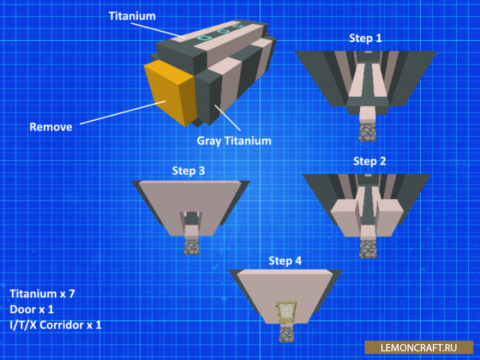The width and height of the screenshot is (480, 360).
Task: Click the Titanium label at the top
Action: click(132, 15)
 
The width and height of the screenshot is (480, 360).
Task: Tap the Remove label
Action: click(51, 127)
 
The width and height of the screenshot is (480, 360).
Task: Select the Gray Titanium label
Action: click(234, 141)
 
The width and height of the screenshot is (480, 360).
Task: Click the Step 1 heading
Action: click(365, 38)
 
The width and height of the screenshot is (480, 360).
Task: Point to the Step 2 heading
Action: click(369, 161)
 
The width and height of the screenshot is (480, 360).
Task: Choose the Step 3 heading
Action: click(189, 171)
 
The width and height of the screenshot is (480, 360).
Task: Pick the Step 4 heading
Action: click(285, 261)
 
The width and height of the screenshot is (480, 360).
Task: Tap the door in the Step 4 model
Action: click(285, 311)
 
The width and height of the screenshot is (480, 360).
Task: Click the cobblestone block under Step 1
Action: click(366, 131)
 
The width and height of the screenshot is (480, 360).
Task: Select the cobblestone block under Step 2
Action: click(367, 248)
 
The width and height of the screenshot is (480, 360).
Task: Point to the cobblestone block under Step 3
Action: click(192, 247)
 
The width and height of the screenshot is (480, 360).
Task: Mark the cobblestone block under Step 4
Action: click(285, 333)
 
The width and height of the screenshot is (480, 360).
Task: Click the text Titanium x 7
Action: click(42, 293)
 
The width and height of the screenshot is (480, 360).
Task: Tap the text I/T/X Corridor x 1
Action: click(55, 325)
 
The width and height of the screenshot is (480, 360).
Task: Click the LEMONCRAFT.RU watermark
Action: click(419, 347)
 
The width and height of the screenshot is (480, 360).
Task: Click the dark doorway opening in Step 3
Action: click(192, 218)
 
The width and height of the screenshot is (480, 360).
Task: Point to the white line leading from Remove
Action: click(120, 113)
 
